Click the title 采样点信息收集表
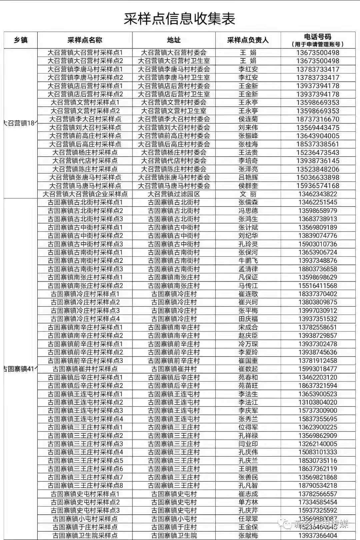point(180,19)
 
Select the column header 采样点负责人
point(248,40)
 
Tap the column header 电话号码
point(318,37)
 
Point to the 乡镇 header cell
point(21,40)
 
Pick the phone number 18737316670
point(318,119)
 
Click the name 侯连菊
point(248,119)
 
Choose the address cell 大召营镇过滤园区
point(174,194)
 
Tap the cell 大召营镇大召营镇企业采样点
point(85,194)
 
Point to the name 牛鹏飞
point(248,260)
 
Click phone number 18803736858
point(318,269)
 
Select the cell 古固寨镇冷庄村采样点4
point(85,319)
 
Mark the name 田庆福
point(248,319)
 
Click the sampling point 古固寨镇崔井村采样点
point(85,369)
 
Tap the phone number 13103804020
point(318,402)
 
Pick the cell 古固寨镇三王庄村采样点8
point(85,485)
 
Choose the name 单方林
point(248,502)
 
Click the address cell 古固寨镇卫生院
point(174,535)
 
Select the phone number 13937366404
point(318,535)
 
